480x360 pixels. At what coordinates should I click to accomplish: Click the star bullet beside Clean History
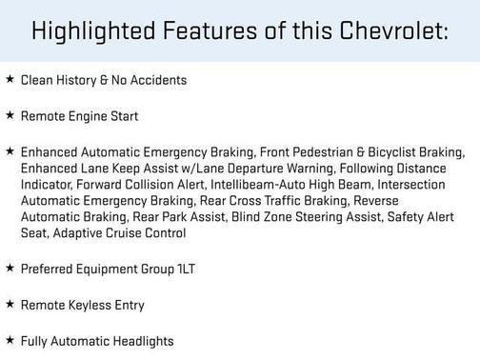(x=10, y=80)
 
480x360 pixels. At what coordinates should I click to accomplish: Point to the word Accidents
(x=156, y=80)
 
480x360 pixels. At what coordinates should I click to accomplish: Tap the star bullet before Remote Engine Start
(x=10, y=116)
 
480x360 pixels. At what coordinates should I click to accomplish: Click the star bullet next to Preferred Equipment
(x=10, y=270)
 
